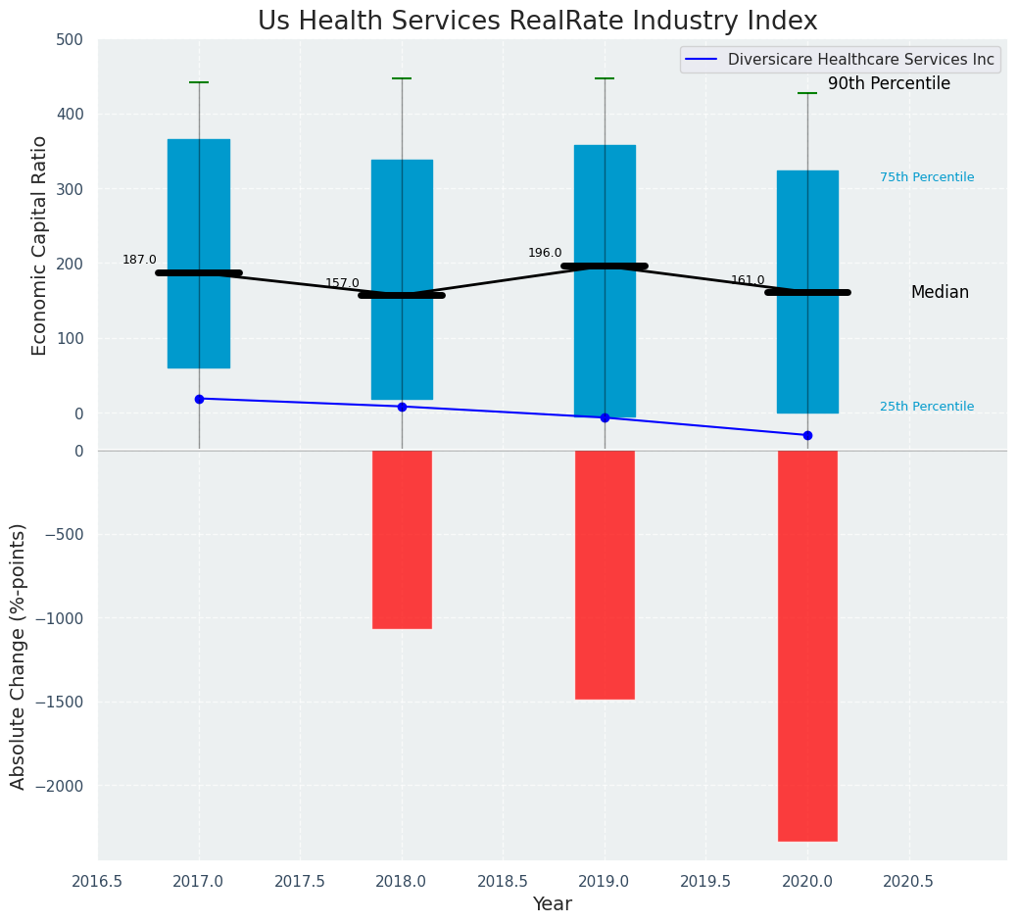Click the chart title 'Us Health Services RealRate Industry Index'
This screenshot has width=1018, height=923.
coord(537,22)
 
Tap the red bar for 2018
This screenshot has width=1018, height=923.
coord(402,539)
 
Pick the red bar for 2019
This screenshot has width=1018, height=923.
coord(605,574)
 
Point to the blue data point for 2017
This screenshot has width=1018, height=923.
coord(199,399)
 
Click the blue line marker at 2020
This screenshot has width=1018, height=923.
coord(807,435)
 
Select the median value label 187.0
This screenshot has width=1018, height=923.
coord(139,260)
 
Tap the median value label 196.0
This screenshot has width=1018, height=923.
coord(545,253)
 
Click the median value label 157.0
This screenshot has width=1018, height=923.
coord(342,283)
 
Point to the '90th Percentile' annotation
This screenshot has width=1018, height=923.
coord(889,84)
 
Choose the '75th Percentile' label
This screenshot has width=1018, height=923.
coord(927,177)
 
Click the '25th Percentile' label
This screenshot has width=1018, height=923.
coord(927,407)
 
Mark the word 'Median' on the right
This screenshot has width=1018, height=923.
coord(940,292)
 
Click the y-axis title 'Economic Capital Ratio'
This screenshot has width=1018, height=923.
coord(40,245)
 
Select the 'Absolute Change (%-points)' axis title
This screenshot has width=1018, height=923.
coord(19,656)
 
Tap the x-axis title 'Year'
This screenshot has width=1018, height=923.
coord(553,904)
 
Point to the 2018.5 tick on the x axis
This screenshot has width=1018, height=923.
coord(503,881)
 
